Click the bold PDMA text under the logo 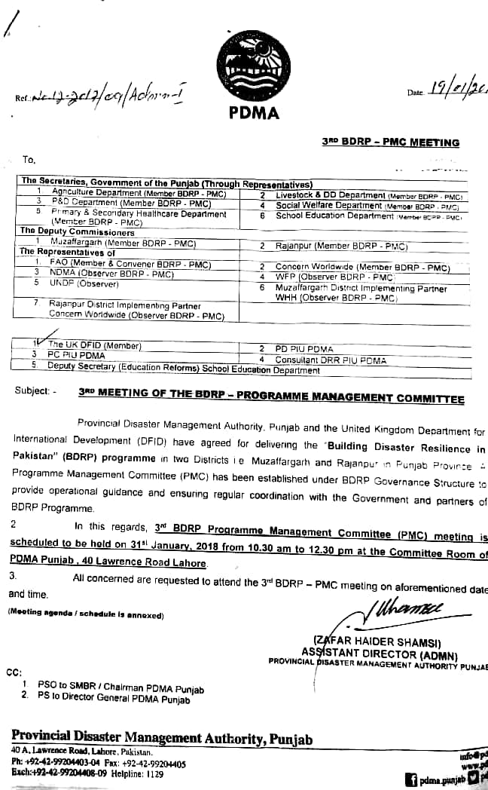pos(253,114)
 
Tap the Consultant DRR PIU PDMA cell pos(331,360)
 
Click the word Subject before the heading pos(32,390)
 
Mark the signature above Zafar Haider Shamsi pos(398,607)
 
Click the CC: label pos(14,672)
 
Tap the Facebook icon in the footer pos(411,780)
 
